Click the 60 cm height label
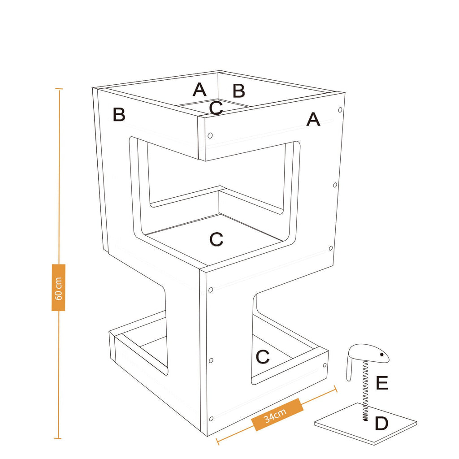(59, 288)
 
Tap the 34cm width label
(275, 415)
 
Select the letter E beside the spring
(382, 383)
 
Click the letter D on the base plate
(381, 424)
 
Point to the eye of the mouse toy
(382, 355)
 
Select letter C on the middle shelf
(217, 239)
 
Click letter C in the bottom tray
(262, 357)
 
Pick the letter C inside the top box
(216, 108)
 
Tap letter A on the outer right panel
(313, 119)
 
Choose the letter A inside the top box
(199, 90)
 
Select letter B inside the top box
(238, 91)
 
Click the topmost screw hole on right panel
(340, 110)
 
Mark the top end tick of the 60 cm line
(59, 88)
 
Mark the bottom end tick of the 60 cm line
(58, 438)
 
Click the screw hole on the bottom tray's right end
(325, 365)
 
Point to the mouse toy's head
(372, 353)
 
